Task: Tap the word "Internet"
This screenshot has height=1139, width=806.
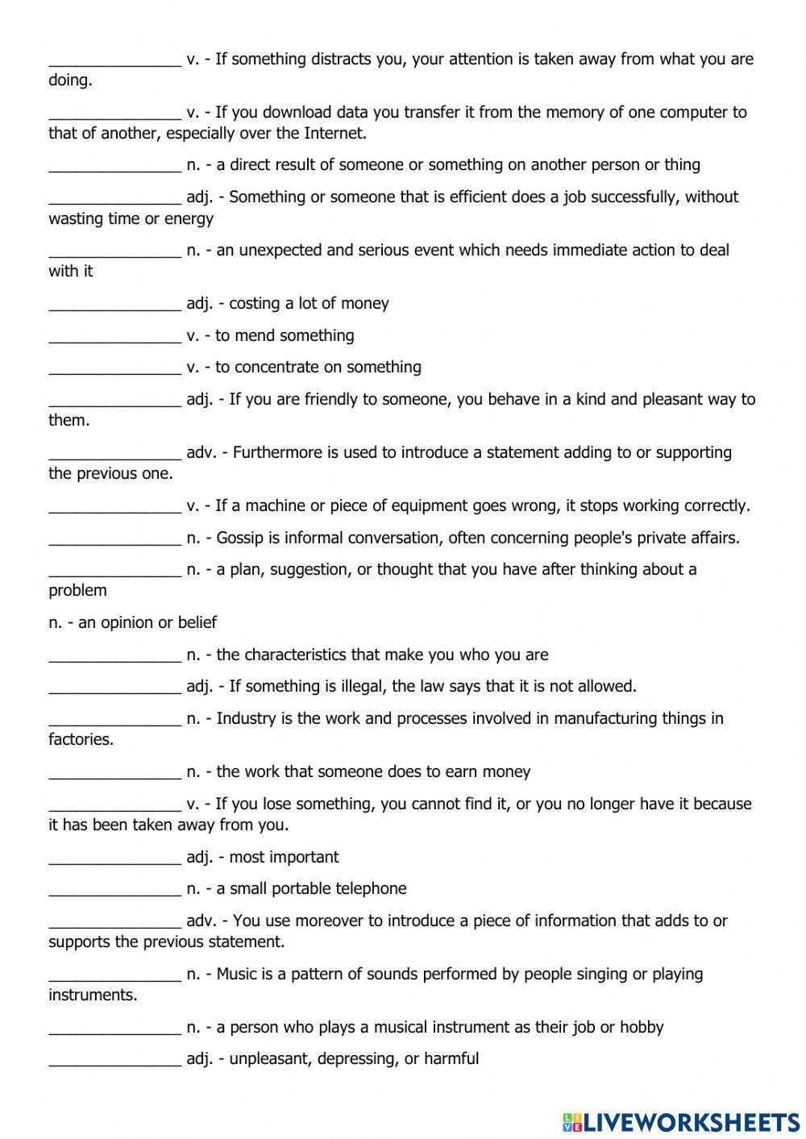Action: tap(334, 133)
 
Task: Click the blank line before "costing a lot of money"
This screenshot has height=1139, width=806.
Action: tap(114, 304)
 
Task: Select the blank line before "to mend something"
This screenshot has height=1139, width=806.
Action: tap(114, 336)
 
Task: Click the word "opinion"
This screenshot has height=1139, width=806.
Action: tap(129, 622)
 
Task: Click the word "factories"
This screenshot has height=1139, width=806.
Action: tap(80, 739)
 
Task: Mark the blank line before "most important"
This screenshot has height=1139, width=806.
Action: tap(114, 858)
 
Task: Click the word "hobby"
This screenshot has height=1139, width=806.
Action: tap(642, 1027)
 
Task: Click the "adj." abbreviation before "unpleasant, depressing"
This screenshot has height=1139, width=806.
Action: tap(200, 1058)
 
